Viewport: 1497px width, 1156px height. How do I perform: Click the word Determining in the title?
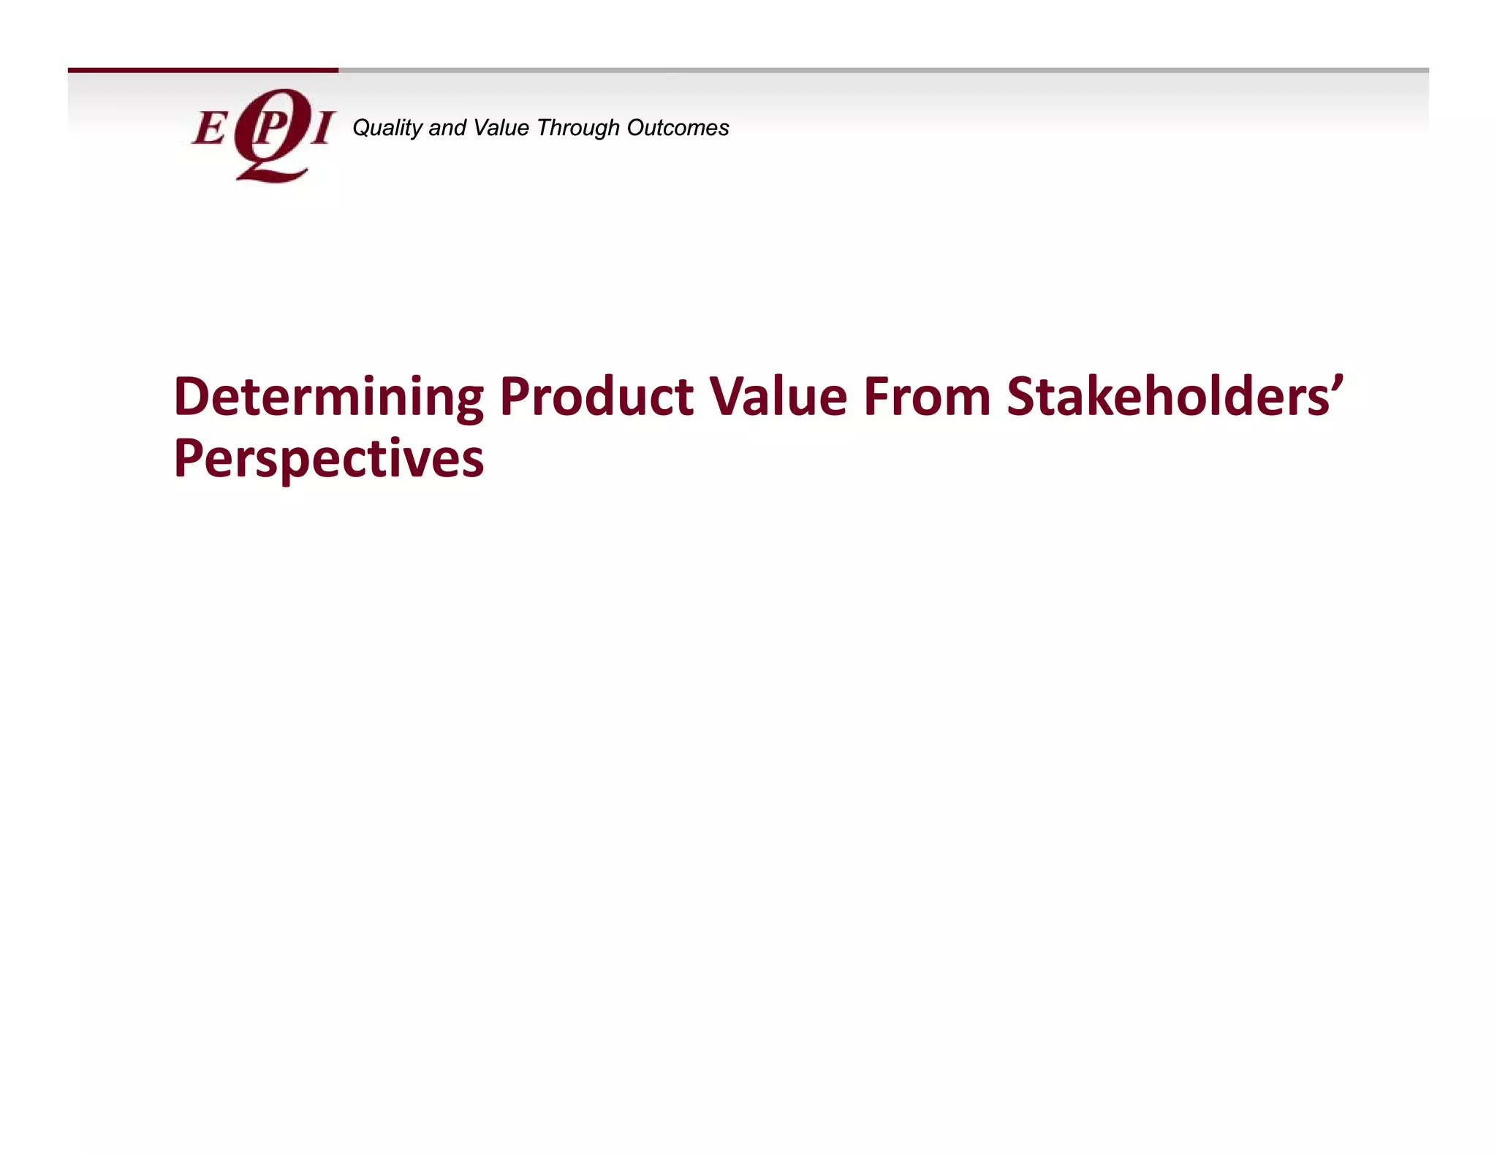(x=328, y=398)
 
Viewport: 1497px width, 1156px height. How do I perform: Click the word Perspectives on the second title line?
(x=328, y=460)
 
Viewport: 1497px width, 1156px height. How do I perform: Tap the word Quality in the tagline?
(x=387, y=129)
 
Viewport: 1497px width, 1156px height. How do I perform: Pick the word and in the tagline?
(x=447, y=129)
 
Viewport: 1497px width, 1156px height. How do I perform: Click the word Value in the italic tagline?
(x=501, y=128)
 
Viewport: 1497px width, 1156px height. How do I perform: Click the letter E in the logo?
(x=209, y=129)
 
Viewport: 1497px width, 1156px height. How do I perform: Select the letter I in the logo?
(x=322, y=129)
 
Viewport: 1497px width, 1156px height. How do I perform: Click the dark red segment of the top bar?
(x=202, y=70)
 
